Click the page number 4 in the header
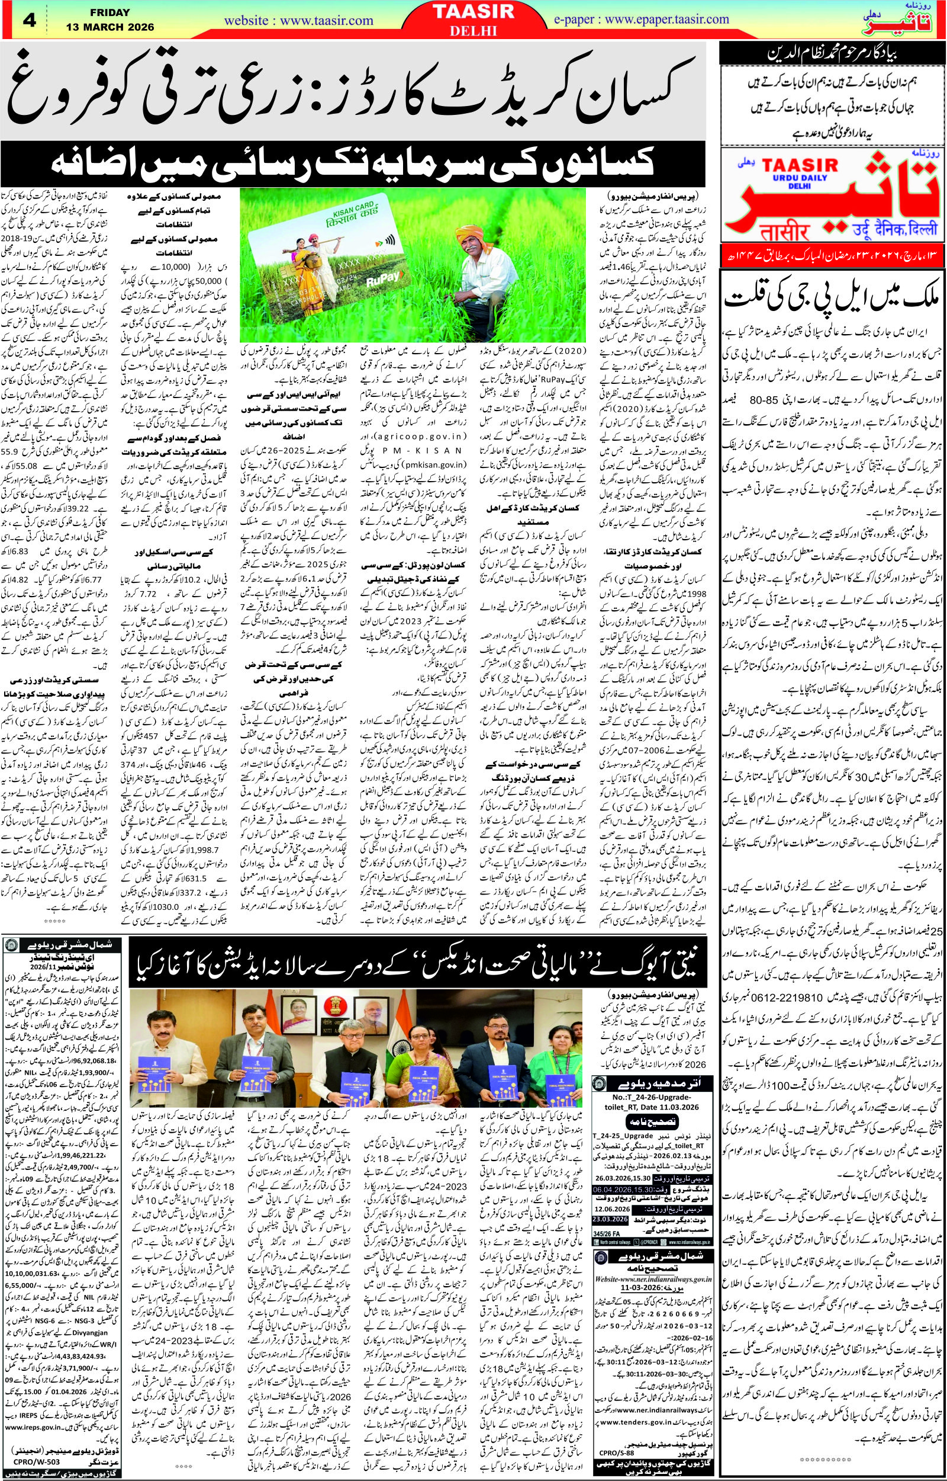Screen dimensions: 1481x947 (x=29, y=20)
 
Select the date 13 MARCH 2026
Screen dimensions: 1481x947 (x=111, y=28)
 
